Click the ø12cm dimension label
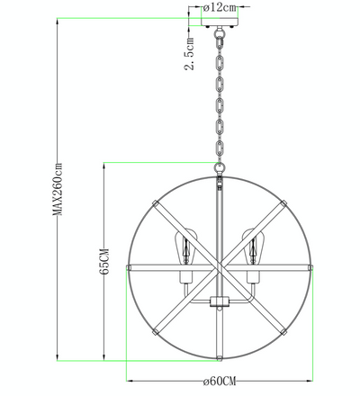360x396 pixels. (220, 7)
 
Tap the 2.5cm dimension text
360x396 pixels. (189, 54)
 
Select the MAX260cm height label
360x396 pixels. (58, 189)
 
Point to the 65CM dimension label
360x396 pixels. (104, 261)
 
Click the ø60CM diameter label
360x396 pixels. (220, 382)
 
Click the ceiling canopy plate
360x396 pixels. (220, 22)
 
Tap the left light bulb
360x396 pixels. (185, 247)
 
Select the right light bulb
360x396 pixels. (254, 247)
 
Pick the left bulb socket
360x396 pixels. (186, 277)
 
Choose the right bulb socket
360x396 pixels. (253, 277)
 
